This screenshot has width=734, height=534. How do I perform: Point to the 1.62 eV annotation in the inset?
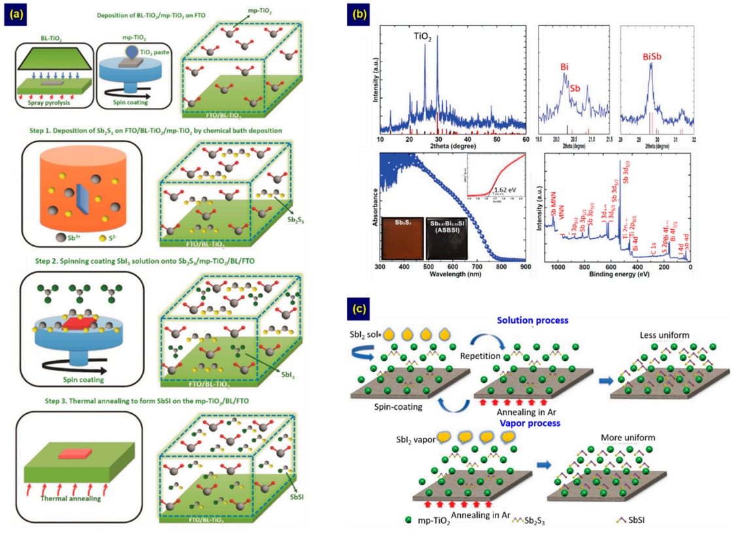[505, 190]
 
